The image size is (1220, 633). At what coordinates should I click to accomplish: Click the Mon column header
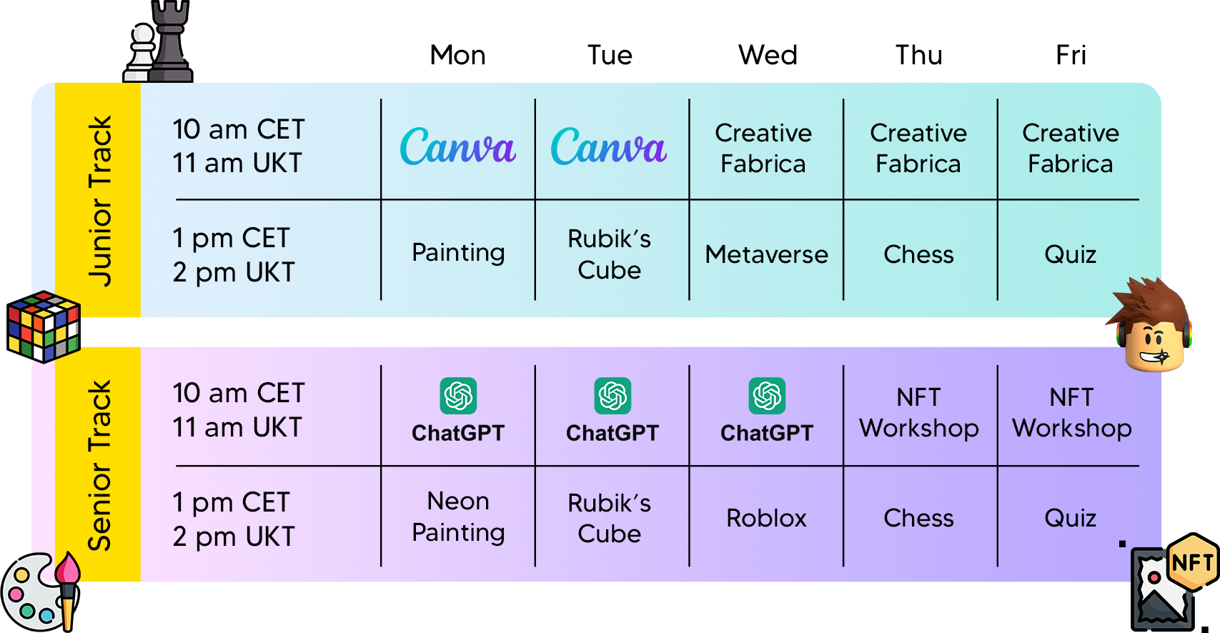457,55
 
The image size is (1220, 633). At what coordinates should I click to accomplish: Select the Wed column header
768,55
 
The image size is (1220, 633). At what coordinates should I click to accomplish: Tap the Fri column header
1071,55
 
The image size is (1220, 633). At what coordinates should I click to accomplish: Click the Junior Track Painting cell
458,253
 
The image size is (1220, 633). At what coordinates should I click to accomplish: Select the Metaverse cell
766,254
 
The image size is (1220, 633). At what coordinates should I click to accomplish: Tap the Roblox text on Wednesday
766,518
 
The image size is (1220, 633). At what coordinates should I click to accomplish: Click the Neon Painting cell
458,517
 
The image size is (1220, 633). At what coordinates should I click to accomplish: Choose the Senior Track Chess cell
919,518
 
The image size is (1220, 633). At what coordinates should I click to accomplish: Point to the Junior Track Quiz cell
1070,255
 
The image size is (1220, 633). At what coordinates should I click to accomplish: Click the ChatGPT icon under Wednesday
767,396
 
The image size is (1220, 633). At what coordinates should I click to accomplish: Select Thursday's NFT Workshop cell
919,412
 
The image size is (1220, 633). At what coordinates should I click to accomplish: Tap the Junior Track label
99,201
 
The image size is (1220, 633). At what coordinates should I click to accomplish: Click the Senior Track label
99,465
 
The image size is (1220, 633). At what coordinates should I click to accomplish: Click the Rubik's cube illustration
44,327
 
